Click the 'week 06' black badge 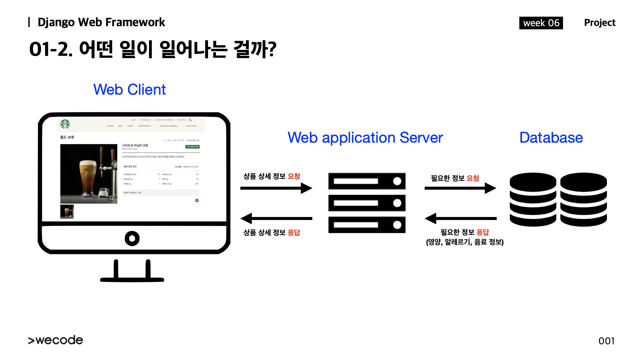(541, 23)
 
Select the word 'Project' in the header (599, 23)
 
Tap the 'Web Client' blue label (129, 90)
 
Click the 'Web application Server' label (365, 138)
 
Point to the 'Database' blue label (551, 138)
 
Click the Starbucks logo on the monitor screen (65, 124)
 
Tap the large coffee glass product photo (89, 174)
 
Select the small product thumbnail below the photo (67, 212)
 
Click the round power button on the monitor (132, 238)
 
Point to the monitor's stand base (132, 279)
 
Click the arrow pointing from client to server (276, 188)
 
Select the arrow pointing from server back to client (276, 219)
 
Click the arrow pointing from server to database (460, 188)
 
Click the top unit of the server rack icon (367, 181)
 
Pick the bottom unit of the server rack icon (367, 225)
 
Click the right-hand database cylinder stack (583, 199)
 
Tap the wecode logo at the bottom (56, 340)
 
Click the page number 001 (606, 341)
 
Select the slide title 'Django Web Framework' (101, 22)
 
